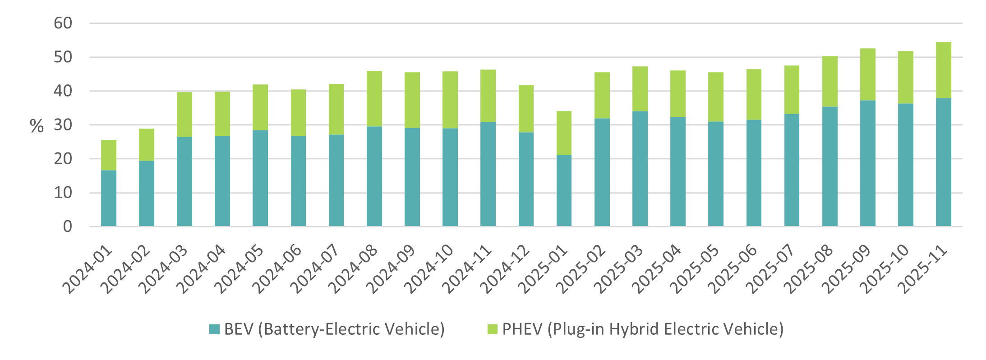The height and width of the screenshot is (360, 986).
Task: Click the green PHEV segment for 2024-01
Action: pos(109,155)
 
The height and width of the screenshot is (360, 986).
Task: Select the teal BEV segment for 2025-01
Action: pos(564,190)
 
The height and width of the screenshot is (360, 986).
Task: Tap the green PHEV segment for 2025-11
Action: pos(943,70)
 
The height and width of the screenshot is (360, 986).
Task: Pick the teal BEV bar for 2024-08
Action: pos(374,176)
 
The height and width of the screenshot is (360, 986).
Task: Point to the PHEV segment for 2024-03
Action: pos(184,115)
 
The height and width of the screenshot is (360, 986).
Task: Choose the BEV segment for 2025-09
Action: pos(867,163)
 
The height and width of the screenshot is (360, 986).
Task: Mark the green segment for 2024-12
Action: pos(526,109)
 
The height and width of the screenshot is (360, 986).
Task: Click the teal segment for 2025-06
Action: pos(754,173)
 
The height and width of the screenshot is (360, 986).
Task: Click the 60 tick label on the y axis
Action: pos(63,23)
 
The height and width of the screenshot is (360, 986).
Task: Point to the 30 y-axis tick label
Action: pos(63,125)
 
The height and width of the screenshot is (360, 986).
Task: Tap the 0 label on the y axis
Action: pos(68,226)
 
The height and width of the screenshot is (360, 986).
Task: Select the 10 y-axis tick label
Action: pos(63,193)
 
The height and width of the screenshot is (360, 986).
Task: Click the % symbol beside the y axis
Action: pos(37,126)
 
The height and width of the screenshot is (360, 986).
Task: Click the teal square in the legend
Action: pos(214,329)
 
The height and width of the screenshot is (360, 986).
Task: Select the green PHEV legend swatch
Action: pos(493,329)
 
